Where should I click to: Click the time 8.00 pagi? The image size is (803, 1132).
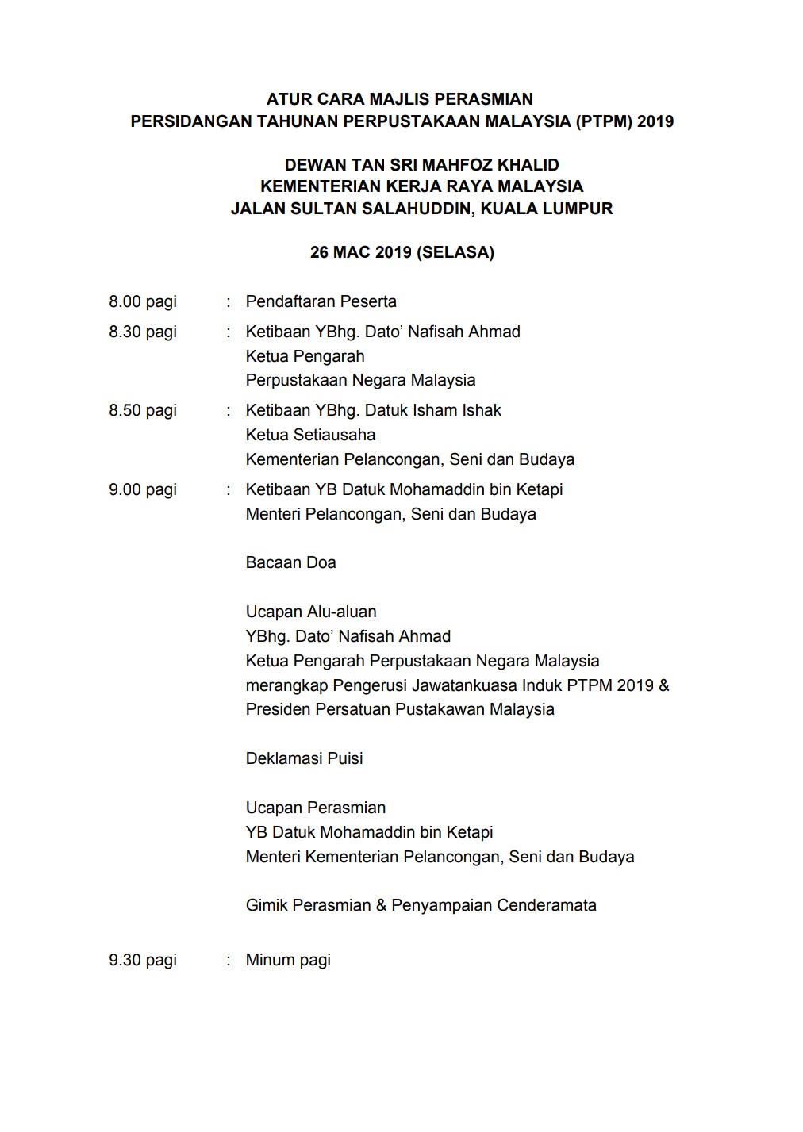point(143,301)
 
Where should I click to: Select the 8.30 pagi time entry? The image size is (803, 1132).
point(143,332)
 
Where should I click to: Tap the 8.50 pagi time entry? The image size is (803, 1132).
point(143,410)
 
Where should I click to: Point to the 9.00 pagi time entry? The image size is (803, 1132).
point(143,489)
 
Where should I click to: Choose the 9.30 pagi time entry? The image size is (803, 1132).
point(143,960)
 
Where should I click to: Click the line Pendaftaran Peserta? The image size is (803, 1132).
point(321,301)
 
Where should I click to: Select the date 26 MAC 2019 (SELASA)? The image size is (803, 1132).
point(401,252)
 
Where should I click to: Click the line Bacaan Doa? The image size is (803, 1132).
point(290,562)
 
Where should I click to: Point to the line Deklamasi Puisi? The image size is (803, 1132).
point(304,758)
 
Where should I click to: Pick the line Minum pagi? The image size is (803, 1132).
point(288,960)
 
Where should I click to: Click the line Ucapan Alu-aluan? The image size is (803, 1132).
point(311,612)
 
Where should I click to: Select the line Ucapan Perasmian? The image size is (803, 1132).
point(316,808)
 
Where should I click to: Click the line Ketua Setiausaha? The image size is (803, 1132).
point(310,435)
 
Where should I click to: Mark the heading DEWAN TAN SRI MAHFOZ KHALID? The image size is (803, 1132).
point(421,165)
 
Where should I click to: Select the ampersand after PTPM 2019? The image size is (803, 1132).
point(664,685)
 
